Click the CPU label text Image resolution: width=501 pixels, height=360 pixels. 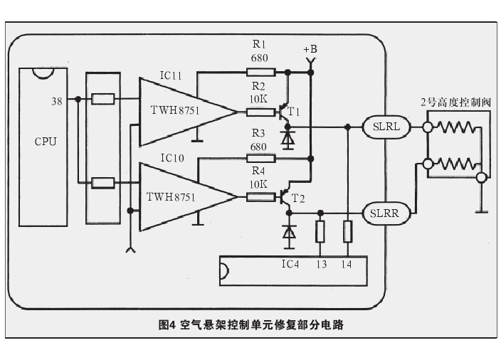click(x=46, y=141)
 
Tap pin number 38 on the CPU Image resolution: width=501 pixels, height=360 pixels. click(x=56, y=101)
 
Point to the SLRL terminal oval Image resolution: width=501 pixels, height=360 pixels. click(x=386, y=127)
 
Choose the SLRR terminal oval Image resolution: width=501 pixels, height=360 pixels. click(x=386, y=212)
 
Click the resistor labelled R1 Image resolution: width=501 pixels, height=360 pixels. click(x=259, y=72)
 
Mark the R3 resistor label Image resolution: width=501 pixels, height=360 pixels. click(x=258, y=133)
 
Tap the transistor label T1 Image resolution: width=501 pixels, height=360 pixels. click(x=293, y=112)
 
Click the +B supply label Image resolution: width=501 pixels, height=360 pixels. click(x=310, y=49)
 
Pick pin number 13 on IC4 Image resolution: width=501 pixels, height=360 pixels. click(x=322, y=265)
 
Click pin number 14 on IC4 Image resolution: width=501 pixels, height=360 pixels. click(x=347, y=265)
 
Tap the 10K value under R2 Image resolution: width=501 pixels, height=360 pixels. click(x=259, y=99)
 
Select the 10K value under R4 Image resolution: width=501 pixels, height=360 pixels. click(x=259, y=184)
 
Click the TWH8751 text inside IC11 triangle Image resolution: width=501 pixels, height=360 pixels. click(x=174, y=111)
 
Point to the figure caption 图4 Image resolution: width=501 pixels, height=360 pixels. click(x=167, y=325)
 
